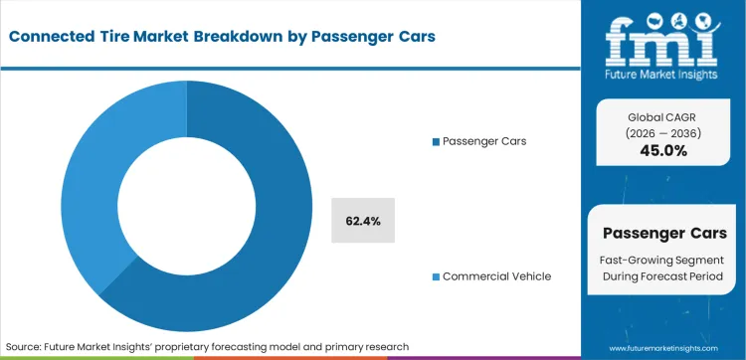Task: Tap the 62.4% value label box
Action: click(x=363, y=220)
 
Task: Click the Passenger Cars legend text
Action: click(x=485, y=141)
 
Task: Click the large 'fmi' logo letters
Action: click(x=661, y=37)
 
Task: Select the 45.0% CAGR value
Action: click(x=661, y=149)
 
